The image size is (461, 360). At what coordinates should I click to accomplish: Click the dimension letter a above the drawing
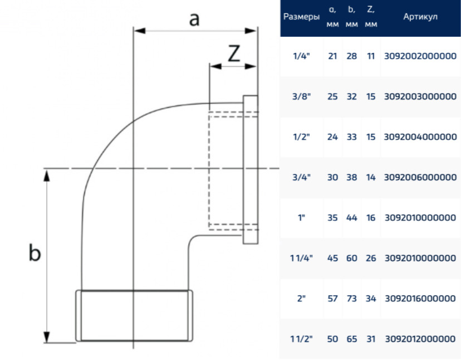click(x=194, y=20)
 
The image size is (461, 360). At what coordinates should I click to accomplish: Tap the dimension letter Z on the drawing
click(x=234, y=53)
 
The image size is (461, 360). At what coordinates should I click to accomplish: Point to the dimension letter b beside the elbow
click(x=35, y=252)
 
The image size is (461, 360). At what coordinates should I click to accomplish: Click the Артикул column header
click(x=420, y=17)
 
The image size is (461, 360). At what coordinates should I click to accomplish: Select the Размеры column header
click(x=301, y=17)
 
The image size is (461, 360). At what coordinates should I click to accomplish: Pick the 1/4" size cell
click(x=301, y=56)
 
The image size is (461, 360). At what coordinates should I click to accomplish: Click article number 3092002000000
click(x=420, y=56)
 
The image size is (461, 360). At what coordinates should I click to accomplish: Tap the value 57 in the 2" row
click(x=332, y=299)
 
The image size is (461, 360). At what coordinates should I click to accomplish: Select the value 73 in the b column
click(x=352, y=299)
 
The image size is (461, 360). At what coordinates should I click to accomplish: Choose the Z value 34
click(x=371, y=299)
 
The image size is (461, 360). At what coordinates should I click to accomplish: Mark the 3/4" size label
click(x=301, y=177)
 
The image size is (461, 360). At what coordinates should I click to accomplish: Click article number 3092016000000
click(x=420, y=299)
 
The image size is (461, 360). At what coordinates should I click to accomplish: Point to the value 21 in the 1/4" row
click(x=332, y=56)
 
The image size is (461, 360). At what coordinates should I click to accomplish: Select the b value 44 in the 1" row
click(x=352, y=217)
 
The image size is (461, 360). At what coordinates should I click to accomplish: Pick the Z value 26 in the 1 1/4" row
click(x=371, y=258)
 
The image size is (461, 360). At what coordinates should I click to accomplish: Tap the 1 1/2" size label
click(x=301, y=339)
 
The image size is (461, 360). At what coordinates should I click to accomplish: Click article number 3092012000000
click(x=420, y=339)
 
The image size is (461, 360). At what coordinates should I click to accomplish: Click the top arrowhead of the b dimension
click(x=46, y=176)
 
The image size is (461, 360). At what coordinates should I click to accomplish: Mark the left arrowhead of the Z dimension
click(x=215, y=66)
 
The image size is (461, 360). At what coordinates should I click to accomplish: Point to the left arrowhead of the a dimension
click(x=139, y=31)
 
